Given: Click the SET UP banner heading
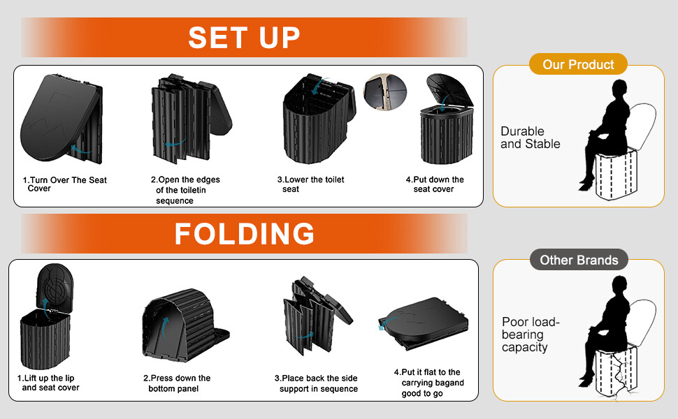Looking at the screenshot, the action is tap(244, 37).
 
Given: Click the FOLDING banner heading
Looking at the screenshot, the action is tap(245, 234).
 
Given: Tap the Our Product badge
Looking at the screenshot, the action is tap(578, 64).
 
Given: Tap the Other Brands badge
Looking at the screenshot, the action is tap(579, 260).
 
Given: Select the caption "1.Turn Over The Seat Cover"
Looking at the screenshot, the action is tap(64, 184).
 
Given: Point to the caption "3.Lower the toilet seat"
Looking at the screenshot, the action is tap(310, 184).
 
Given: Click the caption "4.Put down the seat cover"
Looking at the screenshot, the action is tap(435, 184).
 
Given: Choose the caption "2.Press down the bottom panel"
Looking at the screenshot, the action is tap(177, 383).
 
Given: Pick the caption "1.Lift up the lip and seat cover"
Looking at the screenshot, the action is tap(48, 383).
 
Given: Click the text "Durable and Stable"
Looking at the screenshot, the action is tap(530, 138).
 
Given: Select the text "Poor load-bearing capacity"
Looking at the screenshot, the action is tap(531, 335).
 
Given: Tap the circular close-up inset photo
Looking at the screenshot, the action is tap(385, 92).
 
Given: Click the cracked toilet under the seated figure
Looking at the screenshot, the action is tap(616, 372).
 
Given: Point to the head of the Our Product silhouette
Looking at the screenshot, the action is tap(619, 89).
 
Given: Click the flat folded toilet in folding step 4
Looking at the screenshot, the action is tap(424, 323).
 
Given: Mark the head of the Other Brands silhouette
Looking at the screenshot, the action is tap(619, 285).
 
